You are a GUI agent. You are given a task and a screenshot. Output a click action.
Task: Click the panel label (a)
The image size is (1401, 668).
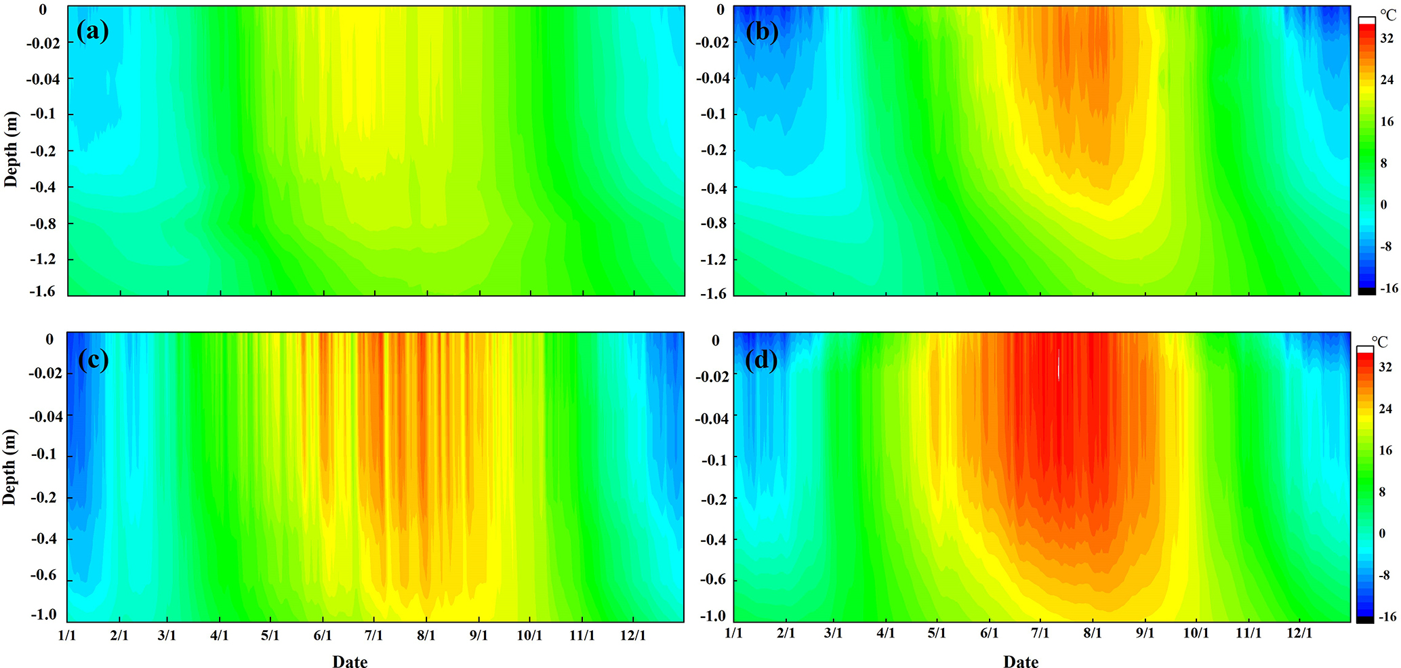(93, 31)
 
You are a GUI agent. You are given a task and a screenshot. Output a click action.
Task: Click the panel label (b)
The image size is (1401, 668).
(762, 31)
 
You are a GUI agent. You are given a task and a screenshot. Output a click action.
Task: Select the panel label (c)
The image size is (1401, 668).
(93, 360)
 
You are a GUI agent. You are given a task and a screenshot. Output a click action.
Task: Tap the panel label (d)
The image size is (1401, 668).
(760, 360)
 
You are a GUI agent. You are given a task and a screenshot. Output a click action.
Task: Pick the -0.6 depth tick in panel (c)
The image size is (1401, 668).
(43, 575)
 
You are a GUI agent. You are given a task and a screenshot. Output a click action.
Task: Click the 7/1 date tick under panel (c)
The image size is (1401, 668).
(374, 635)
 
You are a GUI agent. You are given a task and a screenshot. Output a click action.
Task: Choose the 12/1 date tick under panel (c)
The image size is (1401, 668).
(633, 635)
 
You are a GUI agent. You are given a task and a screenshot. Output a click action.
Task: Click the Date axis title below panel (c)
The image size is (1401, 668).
(350, 662)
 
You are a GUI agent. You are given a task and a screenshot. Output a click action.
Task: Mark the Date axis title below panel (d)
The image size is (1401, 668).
(1021, 662)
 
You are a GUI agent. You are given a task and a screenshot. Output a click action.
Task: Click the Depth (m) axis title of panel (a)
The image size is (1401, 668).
(11, 149)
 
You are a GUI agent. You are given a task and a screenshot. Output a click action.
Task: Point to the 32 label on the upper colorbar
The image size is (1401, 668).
(1387, 38)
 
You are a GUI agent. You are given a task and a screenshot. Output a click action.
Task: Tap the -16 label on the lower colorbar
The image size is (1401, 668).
(1387, 616)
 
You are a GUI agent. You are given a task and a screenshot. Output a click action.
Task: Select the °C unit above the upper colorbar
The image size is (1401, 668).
(1388, 15)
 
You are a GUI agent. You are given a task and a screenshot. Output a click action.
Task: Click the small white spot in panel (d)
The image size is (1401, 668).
(1059, 364)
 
